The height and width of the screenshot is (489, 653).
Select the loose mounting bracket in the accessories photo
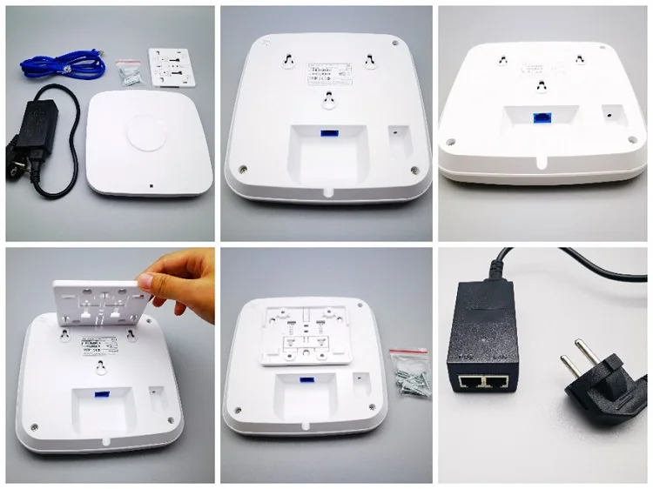click(174, 66)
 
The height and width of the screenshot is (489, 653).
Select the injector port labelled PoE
click(494, 380)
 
